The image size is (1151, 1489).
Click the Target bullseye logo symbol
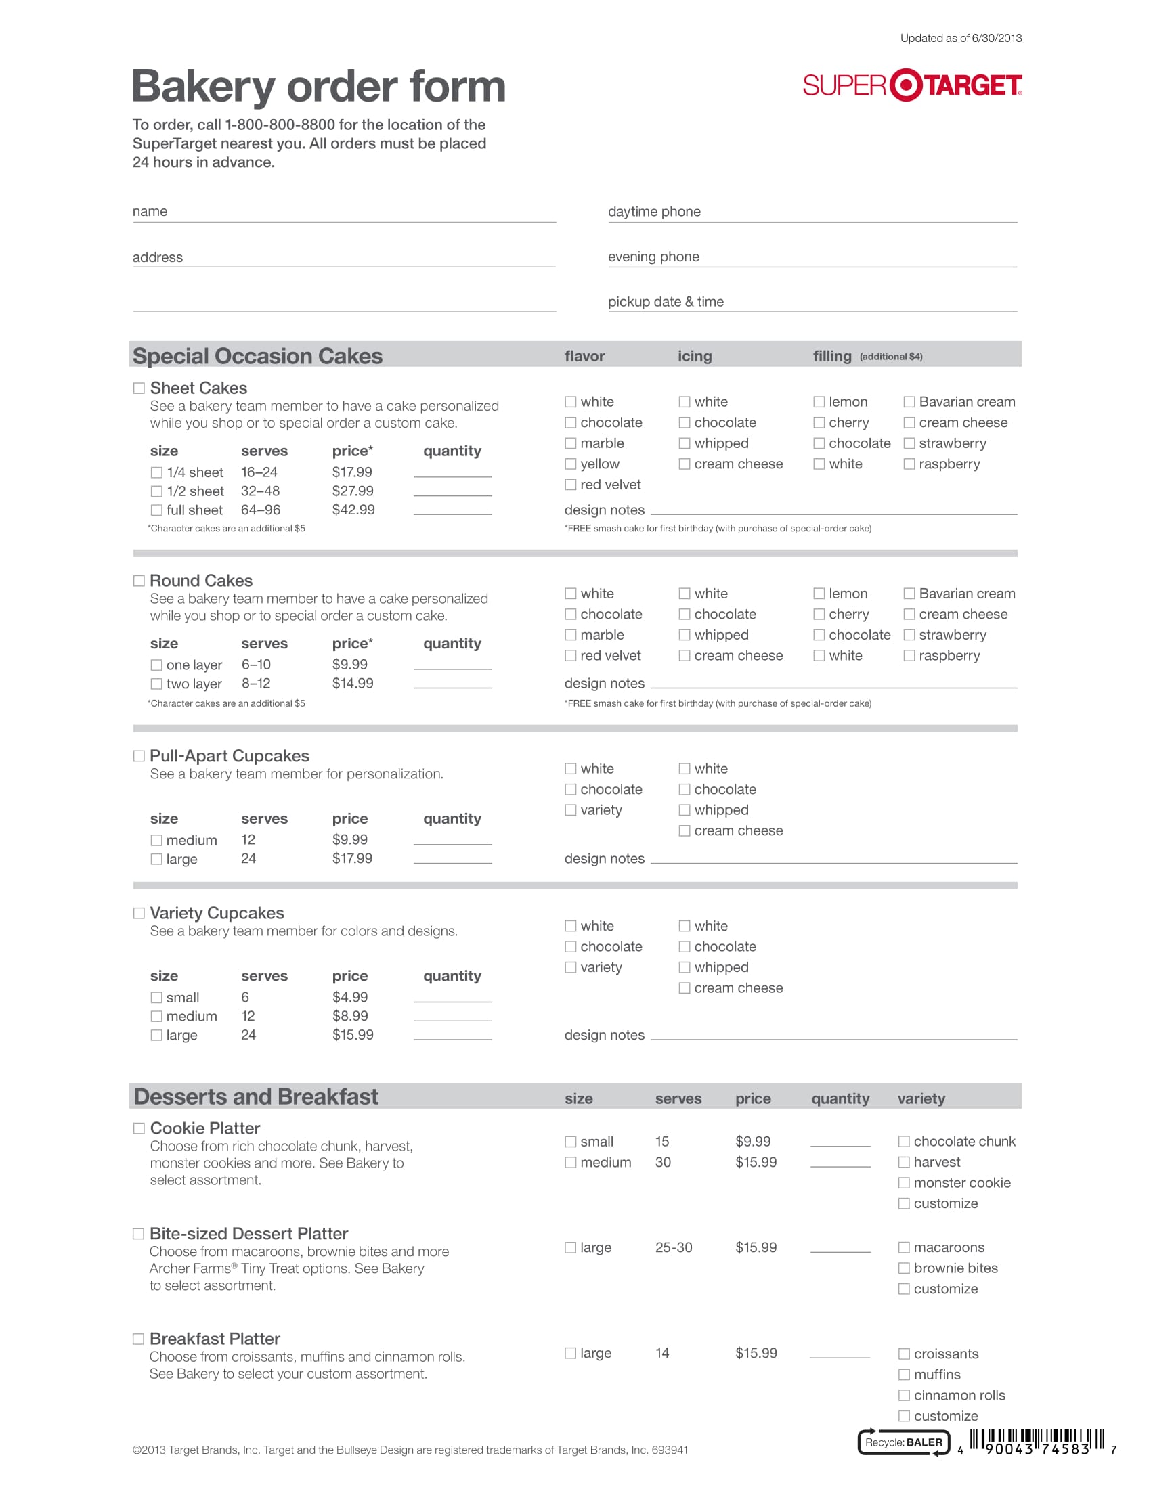906,85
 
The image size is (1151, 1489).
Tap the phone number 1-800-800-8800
280,125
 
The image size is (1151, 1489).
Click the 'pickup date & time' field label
666,301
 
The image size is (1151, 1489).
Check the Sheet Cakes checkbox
139,388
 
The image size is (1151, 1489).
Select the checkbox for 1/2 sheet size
156,491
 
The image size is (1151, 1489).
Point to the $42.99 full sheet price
353,509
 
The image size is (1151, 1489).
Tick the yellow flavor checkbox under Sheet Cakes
571,464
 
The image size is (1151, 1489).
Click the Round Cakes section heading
201,581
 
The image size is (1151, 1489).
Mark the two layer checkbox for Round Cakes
156,683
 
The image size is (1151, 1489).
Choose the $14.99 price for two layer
353,683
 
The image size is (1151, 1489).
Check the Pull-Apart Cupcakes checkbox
139,756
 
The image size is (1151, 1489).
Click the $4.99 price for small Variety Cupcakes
350,997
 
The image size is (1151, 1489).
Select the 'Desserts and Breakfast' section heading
256,1096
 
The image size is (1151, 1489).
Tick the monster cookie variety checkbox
903,1183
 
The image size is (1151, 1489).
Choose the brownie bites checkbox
903,1268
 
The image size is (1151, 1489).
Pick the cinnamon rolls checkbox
903,1395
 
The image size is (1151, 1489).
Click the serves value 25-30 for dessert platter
673,1247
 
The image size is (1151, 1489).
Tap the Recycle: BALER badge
903,1442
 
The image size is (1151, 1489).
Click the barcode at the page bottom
1037,1441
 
